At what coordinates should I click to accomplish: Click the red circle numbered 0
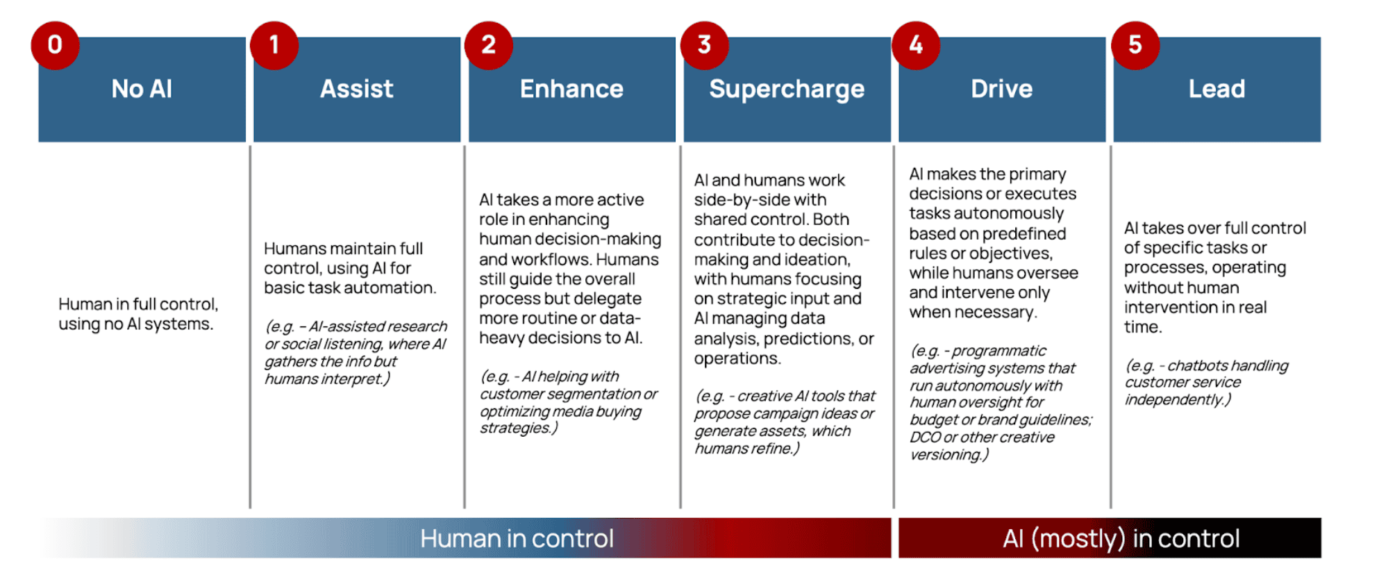(x=55, y=45)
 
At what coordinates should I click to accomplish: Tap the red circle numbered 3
(x=704, y=45)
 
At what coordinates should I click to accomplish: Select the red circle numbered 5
(x=1135, y=45)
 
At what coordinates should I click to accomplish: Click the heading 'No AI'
(x=142, y=89)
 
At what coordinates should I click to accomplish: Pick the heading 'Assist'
(x=357, y=89)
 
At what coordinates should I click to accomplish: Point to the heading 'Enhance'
(x=571, y=89)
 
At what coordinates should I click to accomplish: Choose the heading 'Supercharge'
(x=787, y=90)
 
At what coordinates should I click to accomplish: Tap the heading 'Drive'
(x=1001, y=89)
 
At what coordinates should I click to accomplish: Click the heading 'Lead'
(x=1217, y=89)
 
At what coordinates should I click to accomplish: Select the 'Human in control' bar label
(x=517, y=538)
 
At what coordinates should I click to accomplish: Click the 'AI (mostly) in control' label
(x=1121, y=538)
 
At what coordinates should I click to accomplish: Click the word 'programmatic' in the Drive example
(x=998, y=351)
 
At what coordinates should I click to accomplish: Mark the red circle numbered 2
(x=489, y=45)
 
